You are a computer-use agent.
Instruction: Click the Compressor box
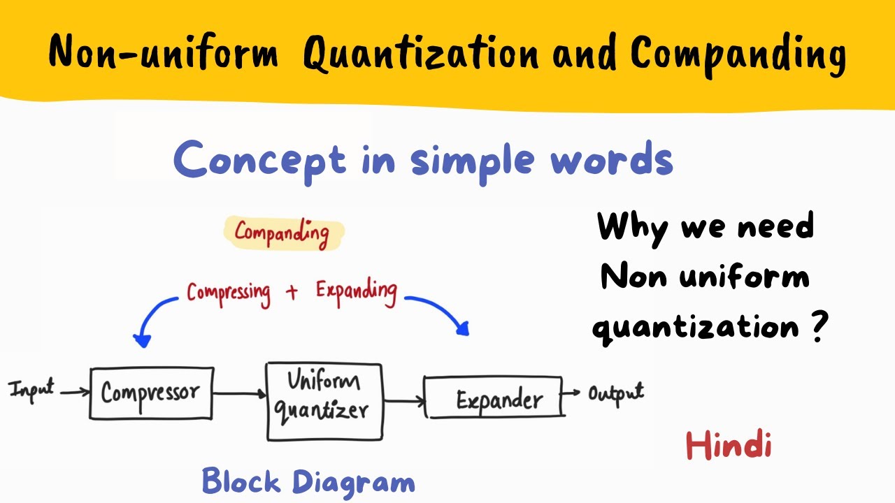point(151,393)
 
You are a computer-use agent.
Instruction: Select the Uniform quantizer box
point(324,401)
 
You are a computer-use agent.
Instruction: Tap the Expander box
point(494,398)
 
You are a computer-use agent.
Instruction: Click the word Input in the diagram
point(31,389)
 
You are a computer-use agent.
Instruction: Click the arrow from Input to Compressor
point(75,392)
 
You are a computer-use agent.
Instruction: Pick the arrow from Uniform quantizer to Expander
point(404,401)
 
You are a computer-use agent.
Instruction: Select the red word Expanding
point(356,291)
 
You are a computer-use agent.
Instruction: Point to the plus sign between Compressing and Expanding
point(292,292)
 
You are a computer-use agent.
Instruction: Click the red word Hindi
point(729,444)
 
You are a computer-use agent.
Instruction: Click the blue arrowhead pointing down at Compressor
point(143,340)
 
